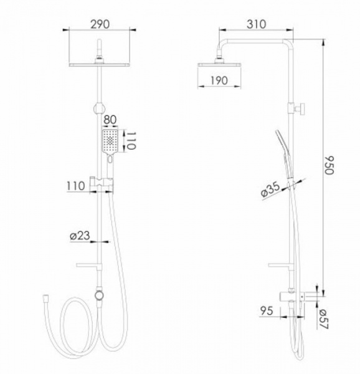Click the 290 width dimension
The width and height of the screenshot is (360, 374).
pyautogui.click(x=100, y=24)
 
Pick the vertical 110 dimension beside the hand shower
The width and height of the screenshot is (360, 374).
pyautogui.click(x=131, y=141)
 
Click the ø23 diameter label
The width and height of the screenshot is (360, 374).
pyautogui.click(x=81, y=236)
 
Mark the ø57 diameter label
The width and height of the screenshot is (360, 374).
pyautogui.click(x=323, y=317)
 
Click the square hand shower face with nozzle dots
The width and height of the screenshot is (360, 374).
pyautogui.click(x=110, y=141)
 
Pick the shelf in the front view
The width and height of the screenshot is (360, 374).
pyautogui.click(x=87, y=265)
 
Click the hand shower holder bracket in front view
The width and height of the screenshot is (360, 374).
pyautogui.click(x=100, y=182)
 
